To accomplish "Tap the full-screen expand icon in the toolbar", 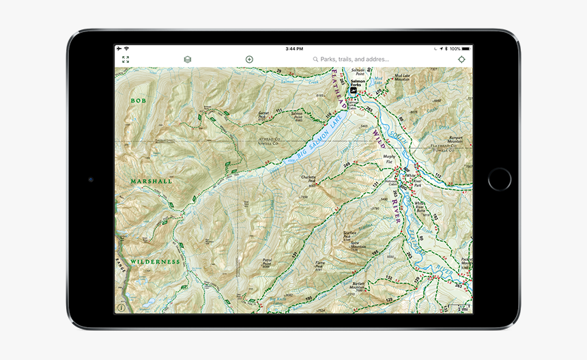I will point(126,59).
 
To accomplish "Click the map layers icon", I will point(188,59).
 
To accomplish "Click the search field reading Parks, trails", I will point(355,59).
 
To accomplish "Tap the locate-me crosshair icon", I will point(462,59).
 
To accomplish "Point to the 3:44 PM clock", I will point(294,49).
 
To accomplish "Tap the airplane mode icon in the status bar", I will point(119,49).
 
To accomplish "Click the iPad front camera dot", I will point(90,180).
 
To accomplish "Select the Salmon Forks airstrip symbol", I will point(354,89).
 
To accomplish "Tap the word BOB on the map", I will point(139,100).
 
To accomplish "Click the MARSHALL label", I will point(152,182).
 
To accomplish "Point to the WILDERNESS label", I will point(156,262).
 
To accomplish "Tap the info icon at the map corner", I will point(121,308).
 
